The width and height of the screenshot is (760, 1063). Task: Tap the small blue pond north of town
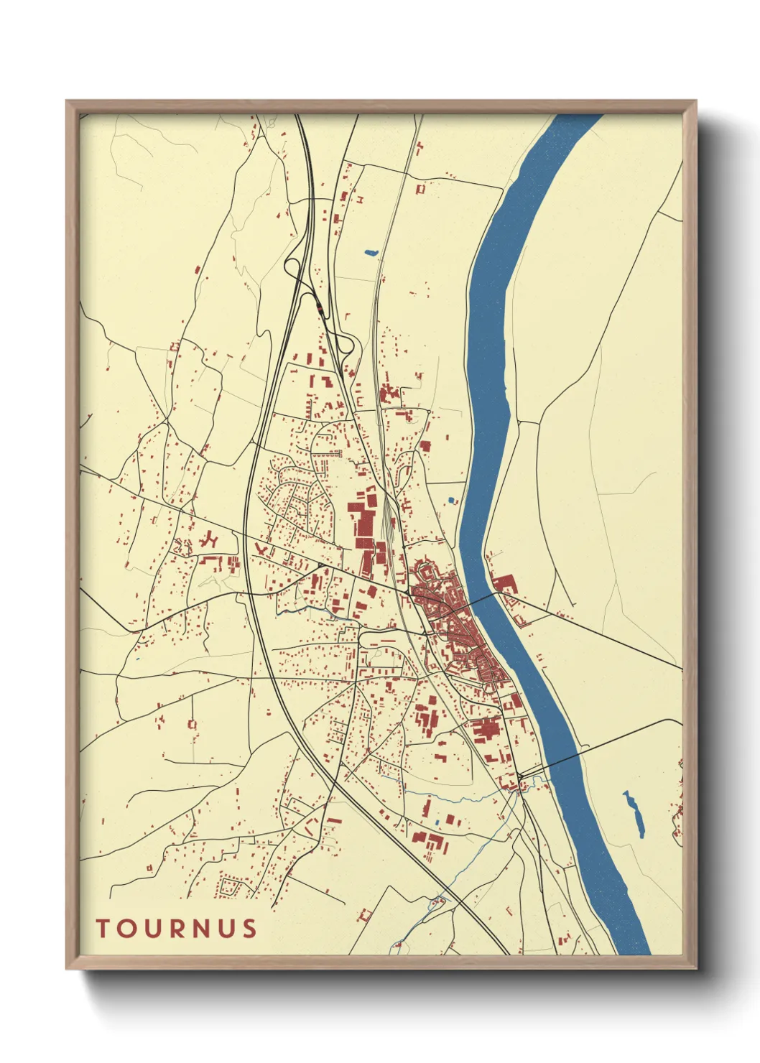371,252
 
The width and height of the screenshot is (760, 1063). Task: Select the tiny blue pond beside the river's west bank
451,499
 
